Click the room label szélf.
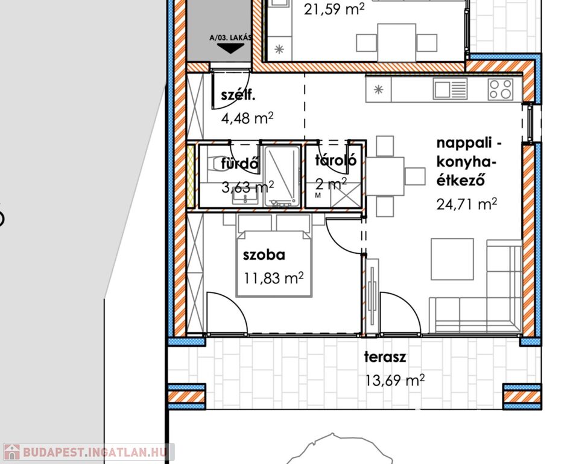click(x=238, y=95)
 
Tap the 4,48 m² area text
click(x=247, y=118)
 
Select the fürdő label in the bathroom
click(x=240, y=164)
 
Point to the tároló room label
click(x=336, y=161)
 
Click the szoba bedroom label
click(x=264, y=255)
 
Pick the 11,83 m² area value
click(x=274, y=278)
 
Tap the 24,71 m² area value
click(x=467, y=204)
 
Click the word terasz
click(x=385, y=357)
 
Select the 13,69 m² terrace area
click(x=395, y=380)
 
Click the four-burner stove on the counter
click(x=501, y=89)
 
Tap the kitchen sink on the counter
click(x=451, y=89)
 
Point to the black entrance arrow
click(x=230, y=48)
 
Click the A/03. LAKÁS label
click(x=230, y=37)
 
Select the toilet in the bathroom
click(x=213, y=163)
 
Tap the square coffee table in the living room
click(x=452, y=259)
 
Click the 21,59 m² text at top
click(x=334, y=9)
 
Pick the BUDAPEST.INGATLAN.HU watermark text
click(x=95, y=452)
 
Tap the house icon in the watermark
click(x=11, y=452)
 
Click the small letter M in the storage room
click(x=318, y=196)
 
